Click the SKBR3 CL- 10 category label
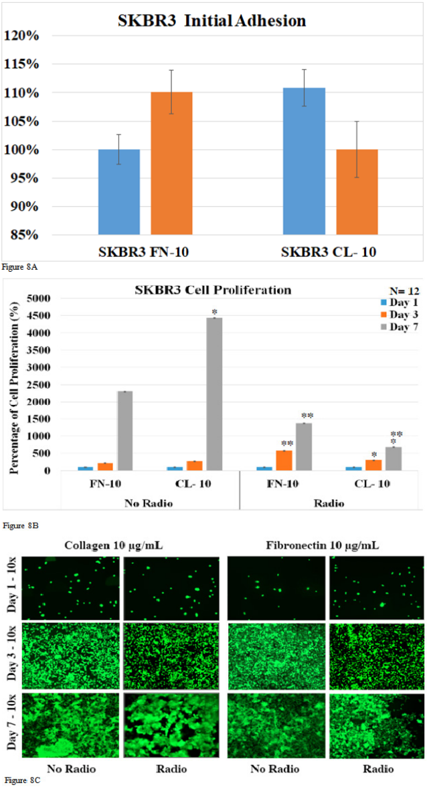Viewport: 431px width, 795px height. coord(329,252)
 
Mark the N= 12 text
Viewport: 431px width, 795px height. coord(404,291)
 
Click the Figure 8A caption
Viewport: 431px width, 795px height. coord(19,268)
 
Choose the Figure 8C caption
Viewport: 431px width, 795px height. coord(20,781)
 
